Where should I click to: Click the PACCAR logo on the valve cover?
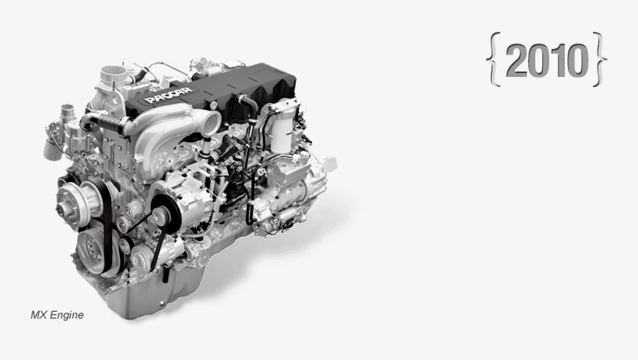click(x=169, y=95)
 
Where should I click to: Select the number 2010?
click(x=547, y=60)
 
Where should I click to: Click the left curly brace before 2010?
click(x=493, y=59)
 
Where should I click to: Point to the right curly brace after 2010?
click(x=600, y=59)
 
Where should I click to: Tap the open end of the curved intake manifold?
click(x=211, y=122)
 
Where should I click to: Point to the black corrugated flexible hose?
click(x=110, y=122)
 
